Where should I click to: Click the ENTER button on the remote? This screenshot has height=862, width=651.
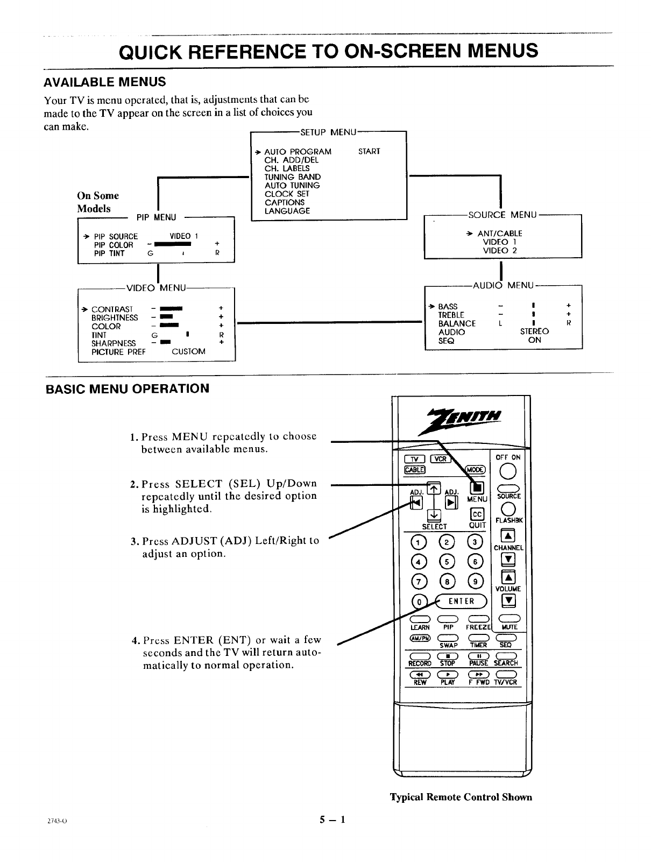point(462,601)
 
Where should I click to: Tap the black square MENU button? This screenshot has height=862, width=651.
point(477,488)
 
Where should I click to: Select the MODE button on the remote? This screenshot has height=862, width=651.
point(476,469)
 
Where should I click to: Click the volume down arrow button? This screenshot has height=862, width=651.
point(508,600)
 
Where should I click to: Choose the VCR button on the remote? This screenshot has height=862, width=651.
point(440,458)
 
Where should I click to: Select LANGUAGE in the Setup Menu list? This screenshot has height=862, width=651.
point(287,211)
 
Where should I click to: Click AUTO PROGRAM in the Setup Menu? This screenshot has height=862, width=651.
point(298,151)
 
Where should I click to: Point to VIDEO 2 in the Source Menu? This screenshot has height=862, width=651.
point(499,250)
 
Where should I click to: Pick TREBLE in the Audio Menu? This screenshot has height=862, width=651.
point(451,315)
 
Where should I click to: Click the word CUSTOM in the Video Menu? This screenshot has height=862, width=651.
point(188,351)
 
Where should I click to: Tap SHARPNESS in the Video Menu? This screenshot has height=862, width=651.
point(114,343)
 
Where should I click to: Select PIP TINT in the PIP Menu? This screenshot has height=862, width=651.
point(109,253)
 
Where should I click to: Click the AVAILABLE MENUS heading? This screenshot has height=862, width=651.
point(104,82)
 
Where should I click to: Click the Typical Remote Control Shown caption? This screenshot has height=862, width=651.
point(461,797)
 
